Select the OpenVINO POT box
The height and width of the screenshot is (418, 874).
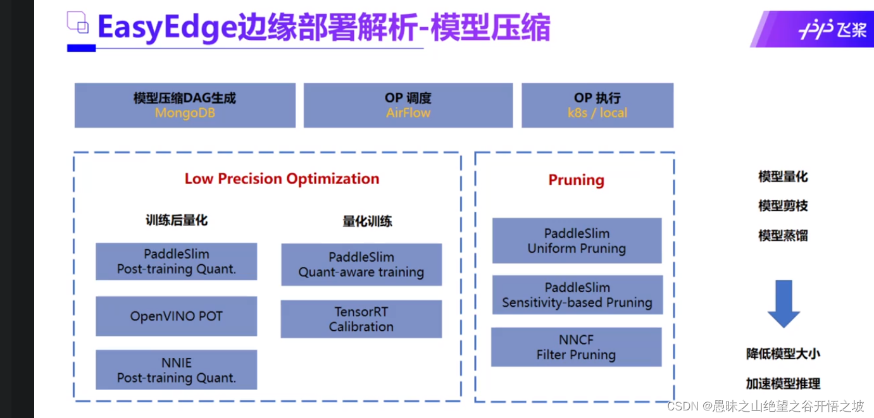click(x=177, y=316)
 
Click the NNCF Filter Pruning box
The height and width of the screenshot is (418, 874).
click(x=576, y=347)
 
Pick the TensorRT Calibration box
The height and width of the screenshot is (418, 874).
click(x=361, y=319)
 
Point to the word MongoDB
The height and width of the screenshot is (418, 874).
click(x=185, y=113)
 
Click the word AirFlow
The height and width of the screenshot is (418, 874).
click(x=408, y=113)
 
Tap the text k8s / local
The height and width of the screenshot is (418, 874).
click(x=597, y=113)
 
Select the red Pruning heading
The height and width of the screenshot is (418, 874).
click(x=576, y=180)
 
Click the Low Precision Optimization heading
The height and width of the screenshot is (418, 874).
click(x=282, y=179)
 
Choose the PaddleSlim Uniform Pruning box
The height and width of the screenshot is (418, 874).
click(x=577, y=241)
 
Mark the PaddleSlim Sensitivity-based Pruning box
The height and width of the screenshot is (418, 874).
click(x=577, y=295)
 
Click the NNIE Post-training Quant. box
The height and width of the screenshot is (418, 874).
click(x=177, y=370)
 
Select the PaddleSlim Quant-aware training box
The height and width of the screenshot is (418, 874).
click(x=361, y=264)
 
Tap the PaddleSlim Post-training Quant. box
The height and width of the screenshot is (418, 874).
click(x=177, y=261)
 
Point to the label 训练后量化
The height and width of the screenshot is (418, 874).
click(x=177, y=220)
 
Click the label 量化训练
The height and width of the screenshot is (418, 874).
click(x=367, y=221)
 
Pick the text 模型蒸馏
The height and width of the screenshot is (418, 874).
click(x=783, y=236)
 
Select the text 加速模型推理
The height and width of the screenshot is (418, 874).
click(x=783, y=383)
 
